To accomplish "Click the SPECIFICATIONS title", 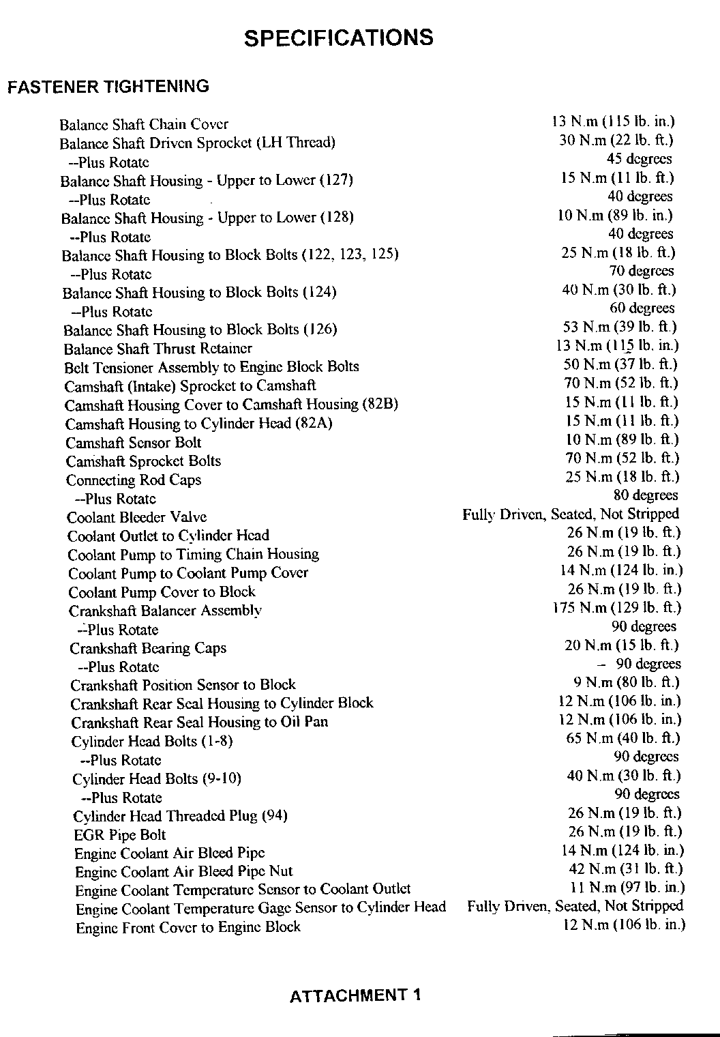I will tap(338, 38).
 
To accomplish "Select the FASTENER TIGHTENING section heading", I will tap(108, 87).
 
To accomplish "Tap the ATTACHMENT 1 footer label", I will tap(355, 995).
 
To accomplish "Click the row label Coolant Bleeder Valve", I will tap(137, 517).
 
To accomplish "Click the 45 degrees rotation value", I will tap(640, 159).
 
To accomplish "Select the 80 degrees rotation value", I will tap(646, 495).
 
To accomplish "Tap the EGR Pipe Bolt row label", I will tap(120, 835).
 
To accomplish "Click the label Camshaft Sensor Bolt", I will tap(134, 442).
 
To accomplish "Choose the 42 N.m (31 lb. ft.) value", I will tap(626, 869).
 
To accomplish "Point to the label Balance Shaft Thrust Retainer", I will tap(158, 349).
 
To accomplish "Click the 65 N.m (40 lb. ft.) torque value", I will tap(623, 738).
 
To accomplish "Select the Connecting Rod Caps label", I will tap(134, 480).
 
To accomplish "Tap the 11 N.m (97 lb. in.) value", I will tap(627, 888).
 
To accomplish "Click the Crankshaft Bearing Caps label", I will tap(148, 648).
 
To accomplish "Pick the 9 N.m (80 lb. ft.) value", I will tap(627, 682).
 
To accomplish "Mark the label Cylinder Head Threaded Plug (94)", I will tap(181, 816).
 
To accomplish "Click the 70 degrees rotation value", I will tap(641, 271).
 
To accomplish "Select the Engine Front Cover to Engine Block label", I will tap(188, 927).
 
